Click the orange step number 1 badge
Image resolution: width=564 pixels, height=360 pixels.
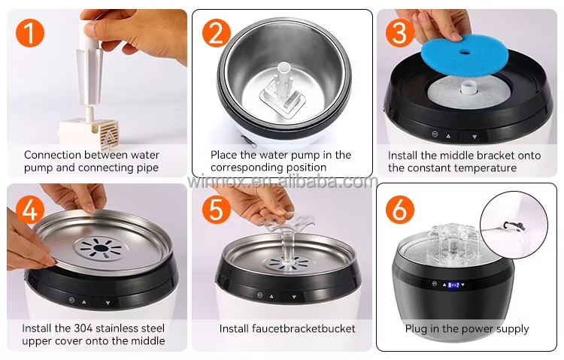tap(29, 32)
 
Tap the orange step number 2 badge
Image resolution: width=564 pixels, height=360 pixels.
tap(216, 32)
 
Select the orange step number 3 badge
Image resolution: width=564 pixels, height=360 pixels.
tap(400, 32)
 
